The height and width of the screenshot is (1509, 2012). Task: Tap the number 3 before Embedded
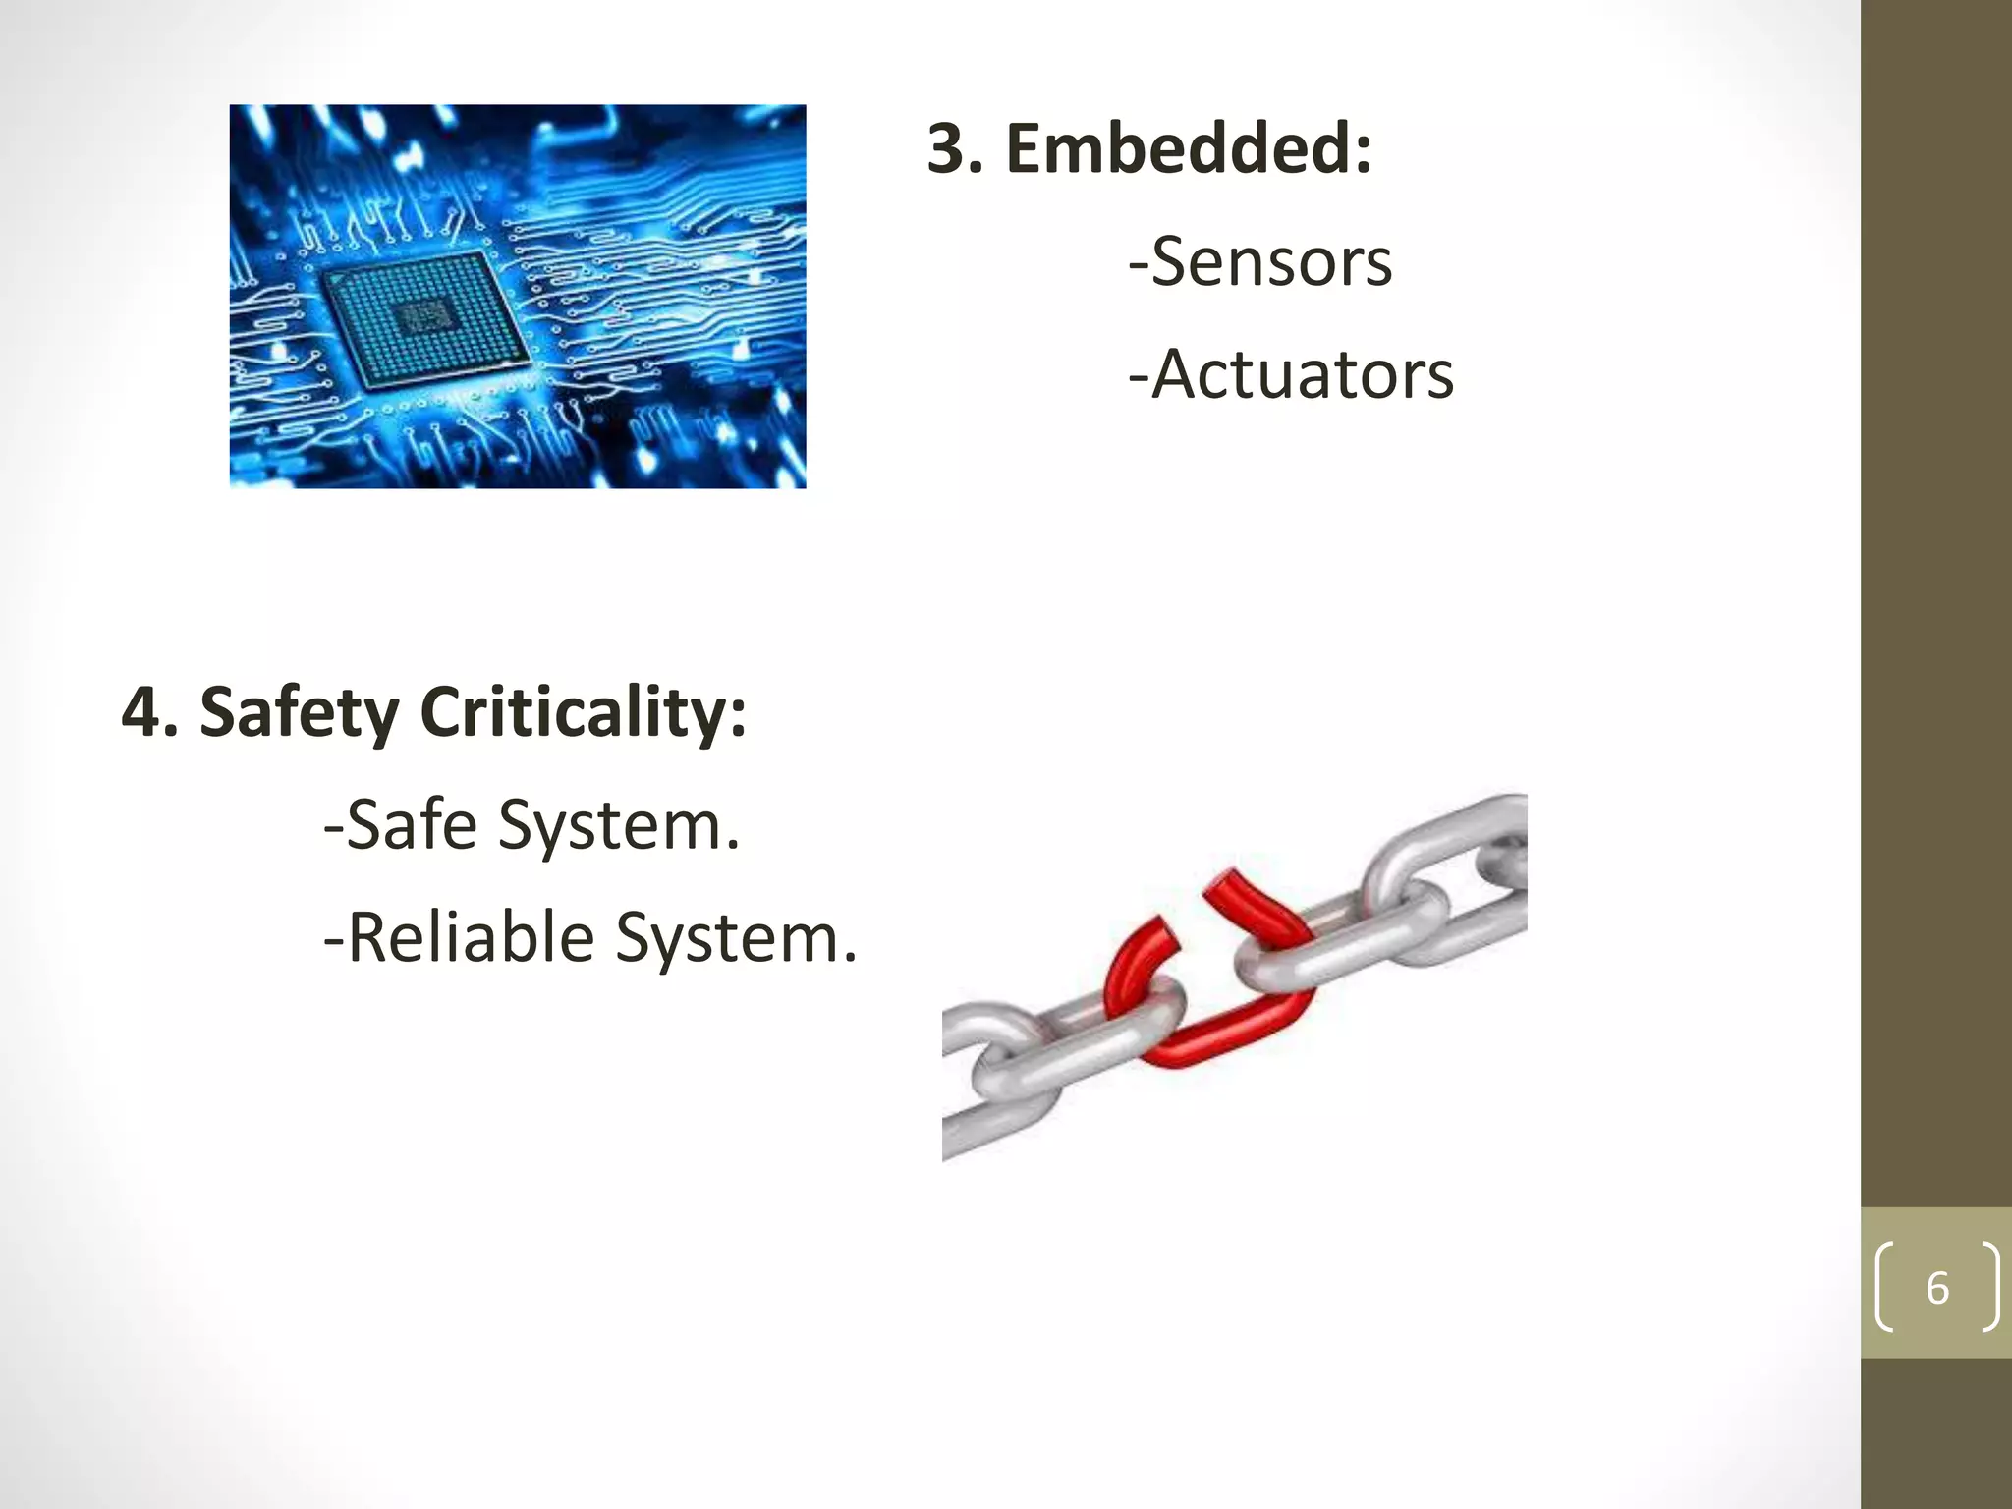[954, 149]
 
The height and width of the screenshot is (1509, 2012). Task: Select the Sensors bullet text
[1271, 262]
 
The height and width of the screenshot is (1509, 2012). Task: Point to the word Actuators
[1302, 375]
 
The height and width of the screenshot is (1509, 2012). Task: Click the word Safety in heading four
[299, 713]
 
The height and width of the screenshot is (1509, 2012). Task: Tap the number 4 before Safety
[140, 713]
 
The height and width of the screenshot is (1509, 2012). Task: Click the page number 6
[1936, 1288]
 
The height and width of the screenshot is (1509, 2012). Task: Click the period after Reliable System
[850, 957]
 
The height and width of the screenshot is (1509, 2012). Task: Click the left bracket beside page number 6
[1885, 1287]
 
